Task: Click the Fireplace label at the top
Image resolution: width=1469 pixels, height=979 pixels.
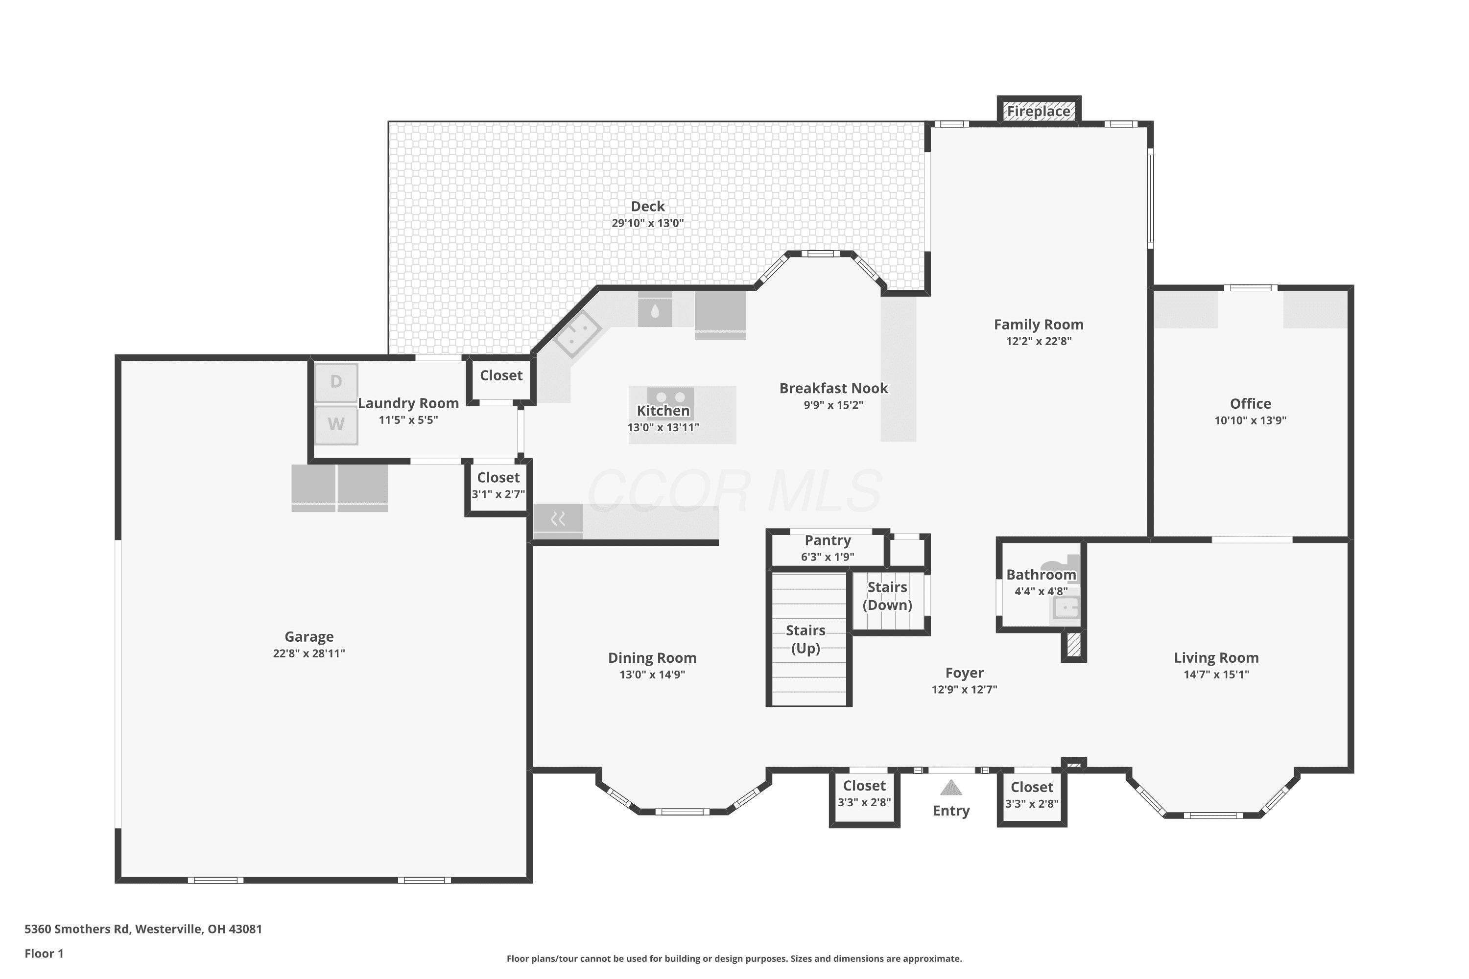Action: [1038, 111]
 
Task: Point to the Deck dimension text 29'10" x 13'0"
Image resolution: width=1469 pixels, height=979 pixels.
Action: [648, 223]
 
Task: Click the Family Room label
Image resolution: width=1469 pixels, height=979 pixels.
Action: [1039, 325]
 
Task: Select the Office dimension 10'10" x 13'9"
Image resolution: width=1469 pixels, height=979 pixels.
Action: [1251, 420]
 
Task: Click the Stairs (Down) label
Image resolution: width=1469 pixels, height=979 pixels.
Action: [887, 596]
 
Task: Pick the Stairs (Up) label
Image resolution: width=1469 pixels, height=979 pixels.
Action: [806, 639]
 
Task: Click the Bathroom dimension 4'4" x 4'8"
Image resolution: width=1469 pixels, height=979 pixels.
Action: [1041, 591]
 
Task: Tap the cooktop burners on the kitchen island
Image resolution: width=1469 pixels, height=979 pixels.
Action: [670, 396]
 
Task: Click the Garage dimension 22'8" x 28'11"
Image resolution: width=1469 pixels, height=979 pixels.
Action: [308, 653]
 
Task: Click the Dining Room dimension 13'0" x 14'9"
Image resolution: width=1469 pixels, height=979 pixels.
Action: [652, 675]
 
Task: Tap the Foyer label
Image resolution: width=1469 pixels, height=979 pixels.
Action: [964, 673]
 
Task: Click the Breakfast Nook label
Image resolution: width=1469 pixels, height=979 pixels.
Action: [833, 388]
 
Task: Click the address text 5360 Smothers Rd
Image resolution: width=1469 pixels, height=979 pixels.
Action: [77, 929]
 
